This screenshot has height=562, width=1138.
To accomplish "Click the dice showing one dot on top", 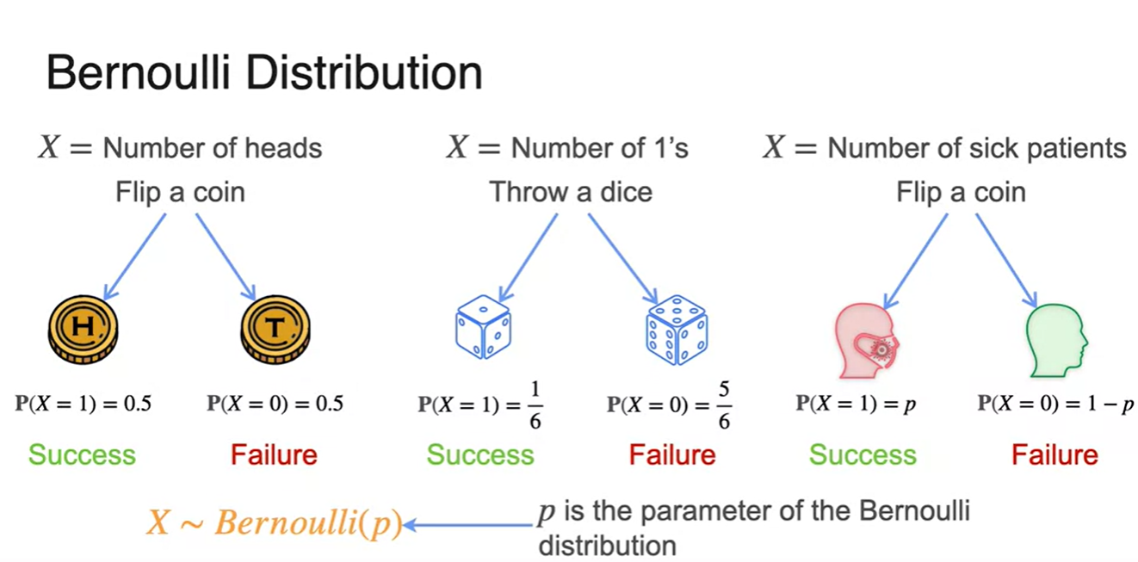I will point(482,328).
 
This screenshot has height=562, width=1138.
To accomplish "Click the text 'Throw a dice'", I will point(570,191).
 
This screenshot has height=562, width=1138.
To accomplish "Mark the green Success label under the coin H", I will point(82,454).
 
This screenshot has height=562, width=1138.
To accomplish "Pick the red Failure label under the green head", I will point(1055,454).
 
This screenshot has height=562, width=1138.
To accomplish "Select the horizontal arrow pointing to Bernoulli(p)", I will point(469,524).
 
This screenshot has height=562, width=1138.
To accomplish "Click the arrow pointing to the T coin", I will point(226,254).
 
